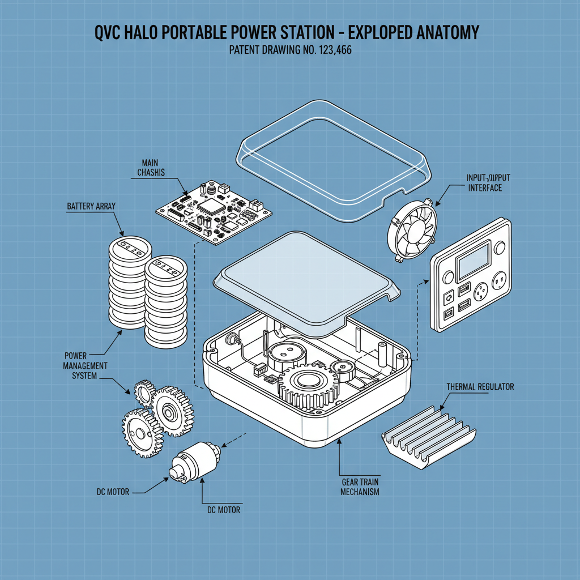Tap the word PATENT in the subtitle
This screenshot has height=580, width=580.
248,50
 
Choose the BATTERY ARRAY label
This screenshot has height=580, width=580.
91,206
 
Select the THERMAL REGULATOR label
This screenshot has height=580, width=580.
480,387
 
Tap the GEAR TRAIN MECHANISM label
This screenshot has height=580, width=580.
360,487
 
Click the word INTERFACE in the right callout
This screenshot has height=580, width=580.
485,188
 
